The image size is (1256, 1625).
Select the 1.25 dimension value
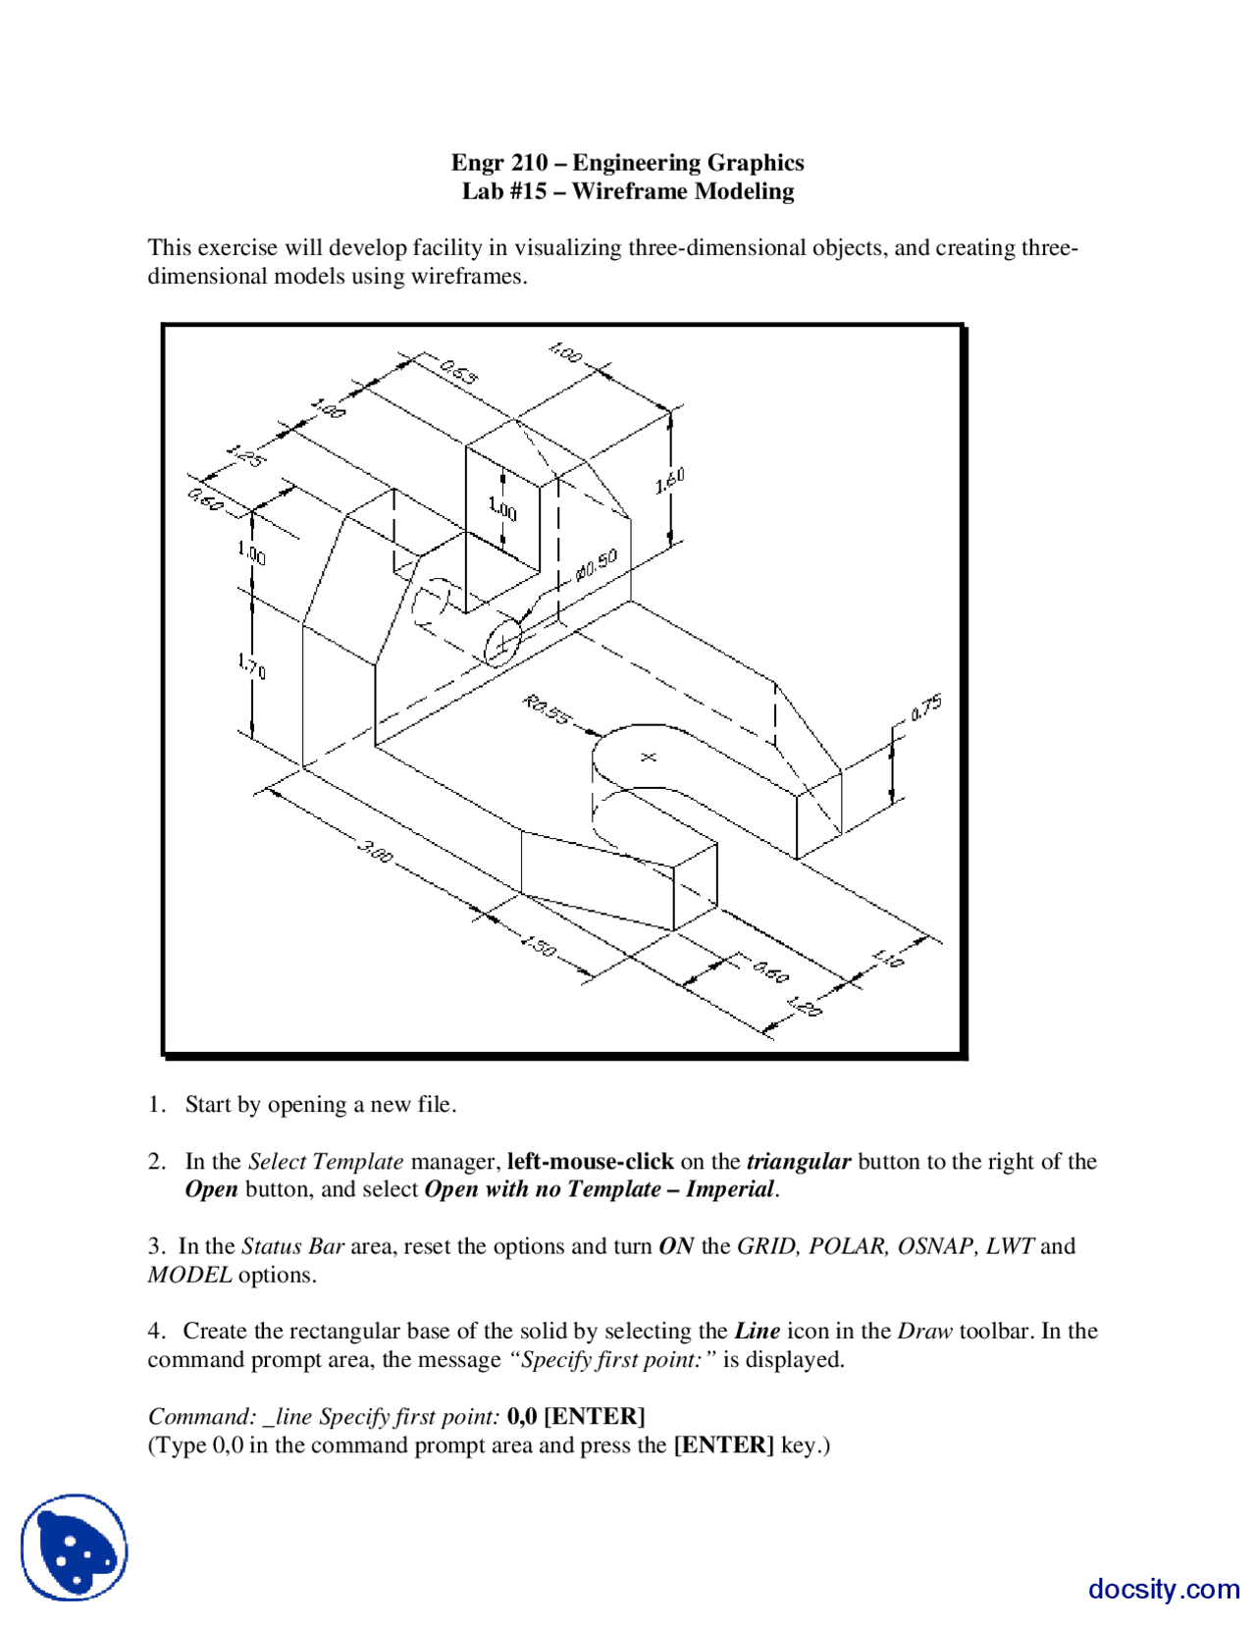[245, 456]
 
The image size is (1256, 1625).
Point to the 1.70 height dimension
[252, 666]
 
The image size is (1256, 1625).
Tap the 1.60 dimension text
[669, 481]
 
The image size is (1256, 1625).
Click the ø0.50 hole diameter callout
[597, 564]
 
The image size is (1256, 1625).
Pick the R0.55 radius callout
[546, 709]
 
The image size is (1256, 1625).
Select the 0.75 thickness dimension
[926, 707]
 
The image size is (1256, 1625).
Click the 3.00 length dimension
[375, 851]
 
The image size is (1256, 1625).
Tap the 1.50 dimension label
[538, 947]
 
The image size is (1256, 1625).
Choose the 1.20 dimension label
[804, 1006]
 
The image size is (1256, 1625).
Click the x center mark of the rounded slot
[648, 757]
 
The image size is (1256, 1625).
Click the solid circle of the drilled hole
[502, 644]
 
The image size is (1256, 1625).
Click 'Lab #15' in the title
[504, 191]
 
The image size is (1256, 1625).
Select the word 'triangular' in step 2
[798, 1162]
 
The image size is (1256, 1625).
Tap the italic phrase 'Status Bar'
[292, 1246]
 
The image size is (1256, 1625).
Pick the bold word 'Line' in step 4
[757, 1332]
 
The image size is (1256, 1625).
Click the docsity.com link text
[1164, 1589]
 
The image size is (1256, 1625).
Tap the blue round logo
[75, 1546]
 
